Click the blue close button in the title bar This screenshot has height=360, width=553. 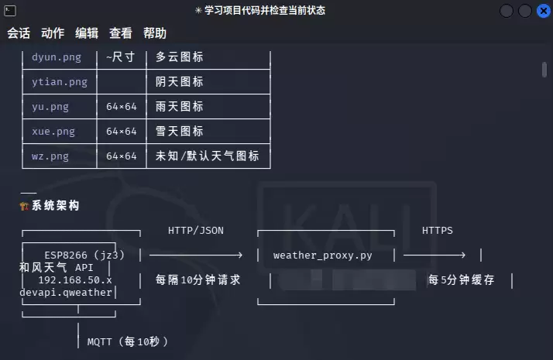pyautogui.click(x=544, y=11)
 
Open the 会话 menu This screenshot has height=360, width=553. pyautogui.click(x=19, y=33)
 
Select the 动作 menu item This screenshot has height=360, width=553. pyautogui.click(x=53, y=33)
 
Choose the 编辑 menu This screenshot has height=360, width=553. pyautogui.click(x=87, y=33)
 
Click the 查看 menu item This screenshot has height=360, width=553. pyautogui.click(x=121, y=33)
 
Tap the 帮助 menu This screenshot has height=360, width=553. pyautogui.click(x=154, y=33)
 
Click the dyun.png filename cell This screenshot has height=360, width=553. pyautogui.click(x=57, y=57)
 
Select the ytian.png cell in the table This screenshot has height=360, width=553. pyautogui.click(x=59, y=82)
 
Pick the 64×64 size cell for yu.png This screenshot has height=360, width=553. pyautogui.click(x=122, y=107)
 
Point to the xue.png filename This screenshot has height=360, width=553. pyautogui.click(x=53, y=132)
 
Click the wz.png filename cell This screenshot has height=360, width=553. pyautogui.click(x=50, y=156)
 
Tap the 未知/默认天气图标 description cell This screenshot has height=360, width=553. pyautogui.click(x=208, y=156)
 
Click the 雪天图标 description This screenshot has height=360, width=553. pyautogui.click(x=180, y=131)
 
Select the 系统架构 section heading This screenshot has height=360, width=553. pyautogui.click(x=55, y=206)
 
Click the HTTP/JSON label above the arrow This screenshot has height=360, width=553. pyautogui.click(x=196, y=231)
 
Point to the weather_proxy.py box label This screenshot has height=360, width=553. pyautogui.click(x=323, y=255)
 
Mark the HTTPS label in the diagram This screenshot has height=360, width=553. pyautogui.click(x=438, y=231)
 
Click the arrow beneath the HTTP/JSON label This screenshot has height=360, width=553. pyautogui.click(x=196, y=255)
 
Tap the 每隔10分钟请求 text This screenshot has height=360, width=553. pyautogui.click(x=197, y=280)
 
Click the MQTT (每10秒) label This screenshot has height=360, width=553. pyautogui.click(x=128, y=341)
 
